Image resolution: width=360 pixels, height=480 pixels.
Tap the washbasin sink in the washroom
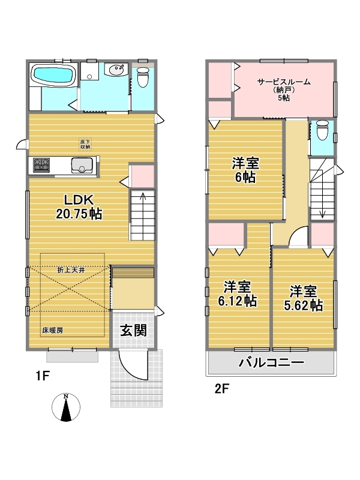pyautogui.click(x=116, y=70)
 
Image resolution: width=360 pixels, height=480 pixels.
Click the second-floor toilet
pyautogui.click(x=322, y=130)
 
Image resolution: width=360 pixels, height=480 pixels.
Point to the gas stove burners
pyautogui.click(x=41, y=166)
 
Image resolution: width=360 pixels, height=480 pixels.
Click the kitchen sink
pyautogui.click(x=82, y=166)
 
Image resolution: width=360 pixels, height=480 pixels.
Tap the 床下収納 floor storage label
pyautogui.click(x=85, y=144)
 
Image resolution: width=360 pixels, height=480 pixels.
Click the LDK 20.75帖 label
pyautogui.click(x=79, y=207)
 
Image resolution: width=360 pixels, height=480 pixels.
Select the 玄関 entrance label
pyautogui.click(x=133, y=331)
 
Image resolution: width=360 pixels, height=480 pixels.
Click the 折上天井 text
pyautogui.click(x=71, y=271)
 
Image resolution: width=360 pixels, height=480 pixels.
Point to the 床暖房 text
pyautogui.click(x=53, y=331)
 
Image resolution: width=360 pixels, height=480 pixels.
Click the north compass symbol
pyautogui.click(x=66, y=407)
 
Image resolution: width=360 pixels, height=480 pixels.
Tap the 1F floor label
pyautogui.click(x=43, y=376)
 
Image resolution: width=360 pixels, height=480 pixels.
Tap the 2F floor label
pyautogui.click(x=222, y=389)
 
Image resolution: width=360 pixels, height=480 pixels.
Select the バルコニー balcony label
pyautogui.click(x=272, y=363)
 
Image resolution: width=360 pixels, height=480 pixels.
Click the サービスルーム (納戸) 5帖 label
pyautogui.click(x=284, y=89)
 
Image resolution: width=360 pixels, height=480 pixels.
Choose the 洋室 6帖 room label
pyautogui.click(x=245, y=170)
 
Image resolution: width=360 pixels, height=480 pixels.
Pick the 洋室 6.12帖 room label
pyautogui.click(x=237, y=294)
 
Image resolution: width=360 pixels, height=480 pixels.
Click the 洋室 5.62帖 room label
pyautogui.click(x=303, y=298)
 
